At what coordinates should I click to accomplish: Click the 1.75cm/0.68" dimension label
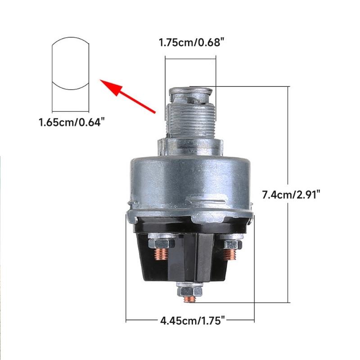[x=191, y=44]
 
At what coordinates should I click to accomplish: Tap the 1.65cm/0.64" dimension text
[x=72, y=122]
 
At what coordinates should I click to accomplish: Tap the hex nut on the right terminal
[x=230, y=245]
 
